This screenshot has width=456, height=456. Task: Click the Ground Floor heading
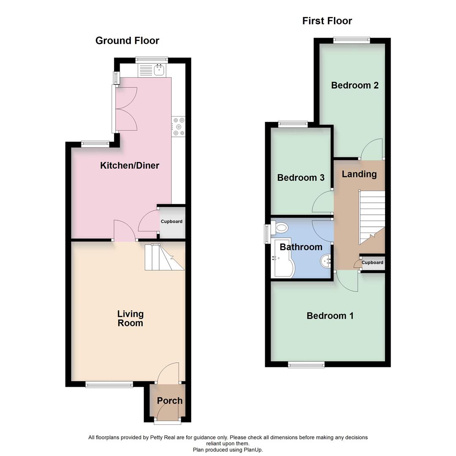(x=127, y=41)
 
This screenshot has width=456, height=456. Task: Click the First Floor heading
(x=327, y=21)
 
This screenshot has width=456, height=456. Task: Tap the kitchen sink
(x=159, y=70)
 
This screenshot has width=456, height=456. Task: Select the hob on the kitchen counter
(x=179, y=127)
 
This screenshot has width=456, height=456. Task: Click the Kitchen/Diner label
(x=130, y=166)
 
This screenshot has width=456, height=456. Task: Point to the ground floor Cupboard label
(x=171, y=222)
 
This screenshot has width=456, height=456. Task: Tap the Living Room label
(x=130, y=318)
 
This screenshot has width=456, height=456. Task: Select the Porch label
(x=170, y=401)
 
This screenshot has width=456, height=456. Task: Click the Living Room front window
(x=109, y=384)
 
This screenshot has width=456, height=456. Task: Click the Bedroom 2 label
(x=355, y=85)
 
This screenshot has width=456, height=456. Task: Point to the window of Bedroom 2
(x=351, y=41)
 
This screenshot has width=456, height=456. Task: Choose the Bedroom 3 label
(x=301, y=178)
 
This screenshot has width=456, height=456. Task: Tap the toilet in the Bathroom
(x=280, y=229)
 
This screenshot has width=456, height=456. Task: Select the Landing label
(x=359, y=174)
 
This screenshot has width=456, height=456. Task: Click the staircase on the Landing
(x=372, y=217)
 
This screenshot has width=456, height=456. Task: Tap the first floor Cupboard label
(x=372, y=263)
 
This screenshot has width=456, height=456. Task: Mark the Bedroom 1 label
(x=330, y=316)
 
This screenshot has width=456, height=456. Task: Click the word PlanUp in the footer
(x=252, y=450)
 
